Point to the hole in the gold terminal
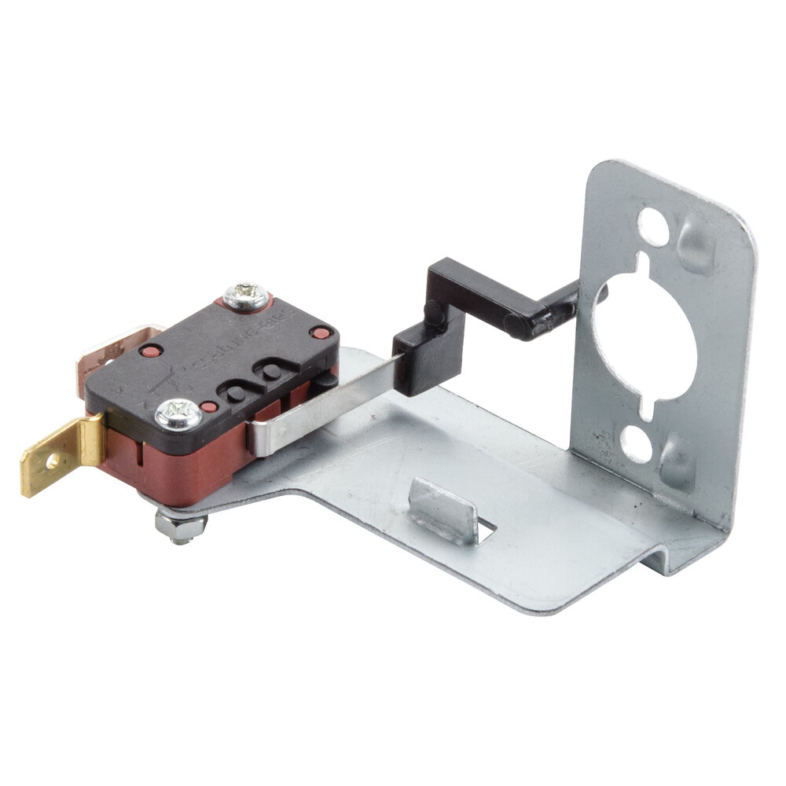52,461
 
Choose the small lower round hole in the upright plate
637,445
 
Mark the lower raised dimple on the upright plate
678,464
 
